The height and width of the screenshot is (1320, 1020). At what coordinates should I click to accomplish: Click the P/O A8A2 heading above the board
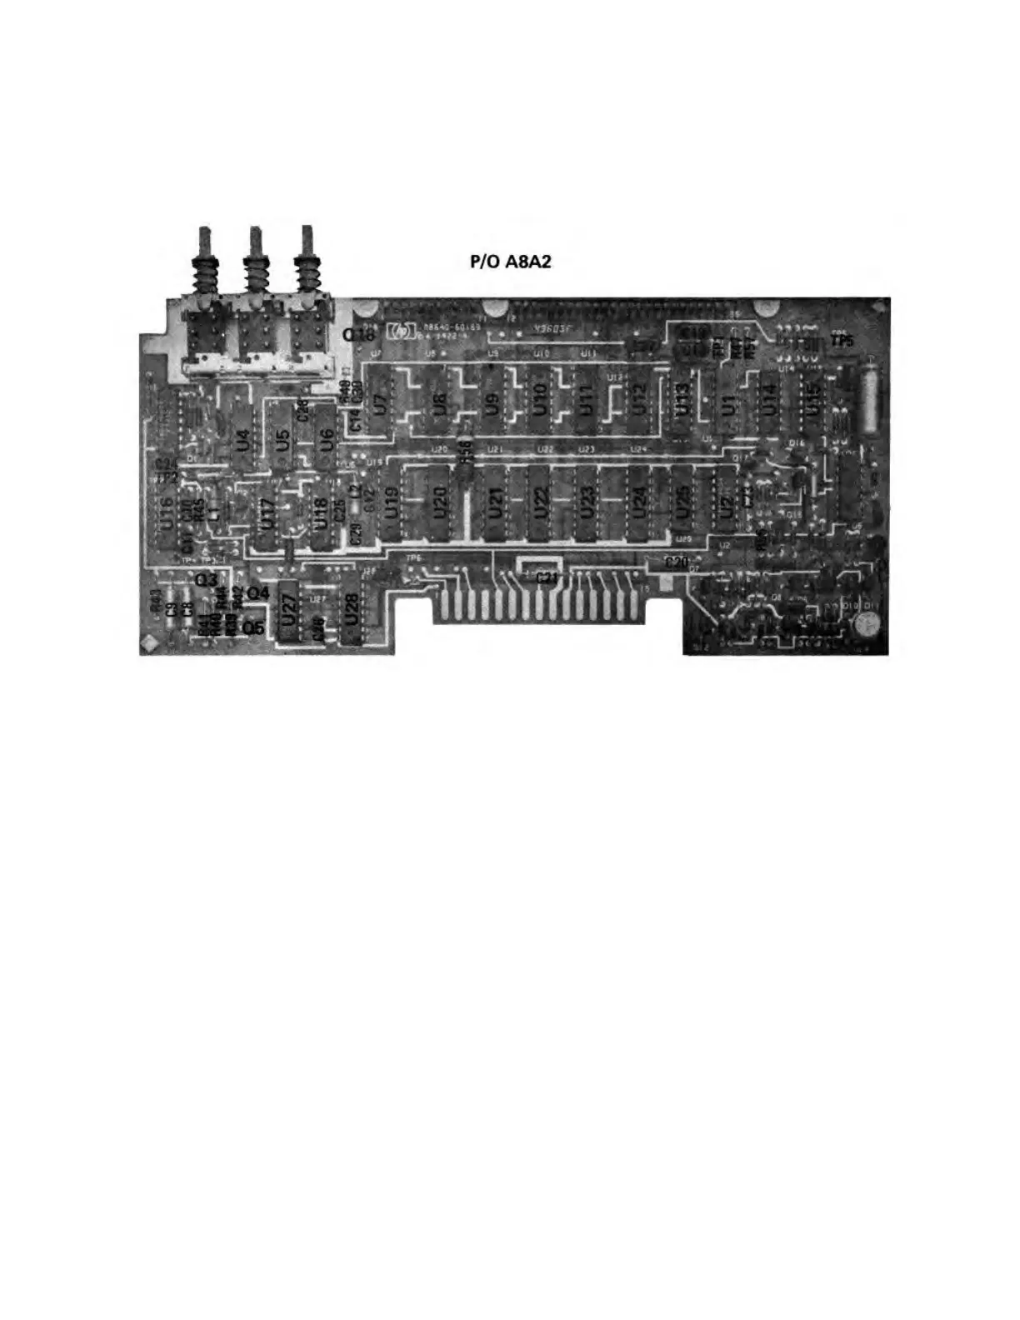511,262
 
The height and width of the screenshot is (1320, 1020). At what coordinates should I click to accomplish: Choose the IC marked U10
538,401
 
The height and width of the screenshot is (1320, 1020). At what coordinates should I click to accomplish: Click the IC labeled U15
811,400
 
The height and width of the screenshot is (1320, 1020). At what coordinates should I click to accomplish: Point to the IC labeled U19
392,504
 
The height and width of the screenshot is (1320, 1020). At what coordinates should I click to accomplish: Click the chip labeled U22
541,502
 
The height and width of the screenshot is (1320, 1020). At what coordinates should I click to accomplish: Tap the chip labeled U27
288,611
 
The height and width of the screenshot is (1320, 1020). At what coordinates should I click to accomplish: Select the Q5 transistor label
253,627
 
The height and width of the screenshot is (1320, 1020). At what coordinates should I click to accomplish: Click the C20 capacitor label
676,562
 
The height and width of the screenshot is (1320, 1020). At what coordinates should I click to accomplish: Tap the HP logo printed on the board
398,332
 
